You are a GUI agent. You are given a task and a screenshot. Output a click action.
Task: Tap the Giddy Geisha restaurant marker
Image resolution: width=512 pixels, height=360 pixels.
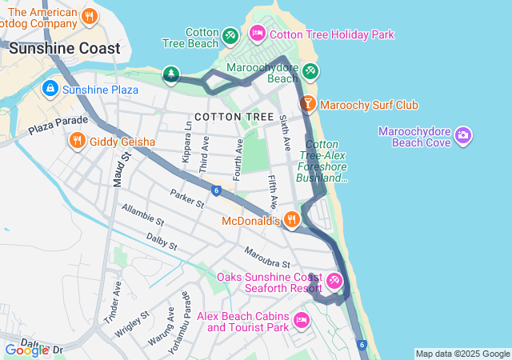(x=77, y=142)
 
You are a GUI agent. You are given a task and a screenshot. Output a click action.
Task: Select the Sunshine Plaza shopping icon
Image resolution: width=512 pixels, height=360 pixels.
(x=50, y=89)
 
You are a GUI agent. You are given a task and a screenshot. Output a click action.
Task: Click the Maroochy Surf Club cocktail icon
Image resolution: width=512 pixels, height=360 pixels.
(x=307, y=105)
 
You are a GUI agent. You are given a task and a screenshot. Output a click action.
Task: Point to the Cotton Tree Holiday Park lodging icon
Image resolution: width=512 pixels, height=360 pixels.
(x=257, y=34)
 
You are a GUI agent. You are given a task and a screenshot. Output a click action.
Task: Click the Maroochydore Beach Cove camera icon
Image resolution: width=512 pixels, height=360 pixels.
(x=462, y=137)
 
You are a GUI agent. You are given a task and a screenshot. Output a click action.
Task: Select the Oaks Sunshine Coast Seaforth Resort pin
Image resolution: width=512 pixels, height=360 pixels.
(x=334, y=282)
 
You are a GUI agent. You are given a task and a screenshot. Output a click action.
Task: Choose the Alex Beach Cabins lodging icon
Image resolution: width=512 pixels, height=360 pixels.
(x=301, y=321)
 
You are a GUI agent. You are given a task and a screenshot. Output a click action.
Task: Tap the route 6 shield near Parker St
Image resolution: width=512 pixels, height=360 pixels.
(x=216, y=190)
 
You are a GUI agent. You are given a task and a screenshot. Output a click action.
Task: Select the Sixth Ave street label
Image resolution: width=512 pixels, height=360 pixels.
(x=285, y=130)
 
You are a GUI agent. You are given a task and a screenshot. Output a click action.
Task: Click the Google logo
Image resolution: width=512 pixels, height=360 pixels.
(x=26, y=350)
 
